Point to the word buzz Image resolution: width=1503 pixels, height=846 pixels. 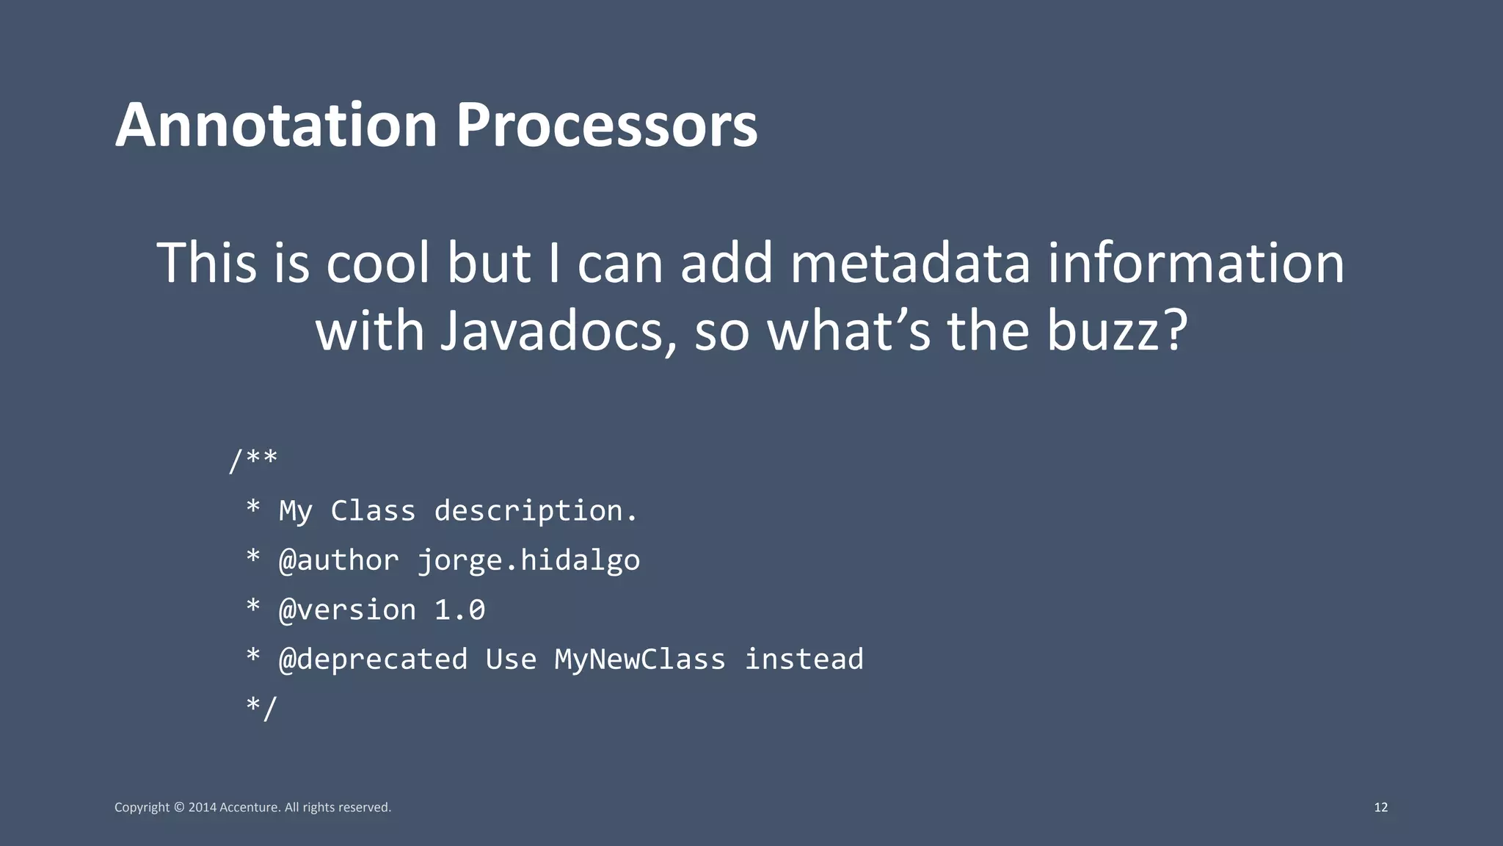tap(1116, 330)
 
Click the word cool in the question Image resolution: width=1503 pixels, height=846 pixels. tap(378, 263)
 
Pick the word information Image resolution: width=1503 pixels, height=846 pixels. tap(1196, 263)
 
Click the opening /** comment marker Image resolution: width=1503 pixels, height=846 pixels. tap(252, 461)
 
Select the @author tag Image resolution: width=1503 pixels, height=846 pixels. tap(339, 560)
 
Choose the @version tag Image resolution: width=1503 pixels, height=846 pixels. tap(347, 610)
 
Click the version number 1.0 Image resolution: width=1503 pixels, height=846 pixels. tap(459, 610)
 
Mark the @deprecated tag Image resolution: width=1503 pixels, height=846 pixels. tap(373, 659)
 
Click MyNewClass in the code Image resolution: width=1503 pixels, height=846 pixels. tap(640, 659)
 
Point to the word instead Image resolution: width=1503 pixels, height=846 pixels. tap(804, 659)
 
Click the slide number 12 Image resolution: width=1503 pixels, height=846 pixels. tap(1380, 807)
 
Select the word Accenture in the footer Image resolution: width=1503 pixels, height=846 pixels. tap(250, 807)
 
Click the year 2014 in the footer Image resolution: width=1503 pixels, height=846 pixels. tap(203, 807)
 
